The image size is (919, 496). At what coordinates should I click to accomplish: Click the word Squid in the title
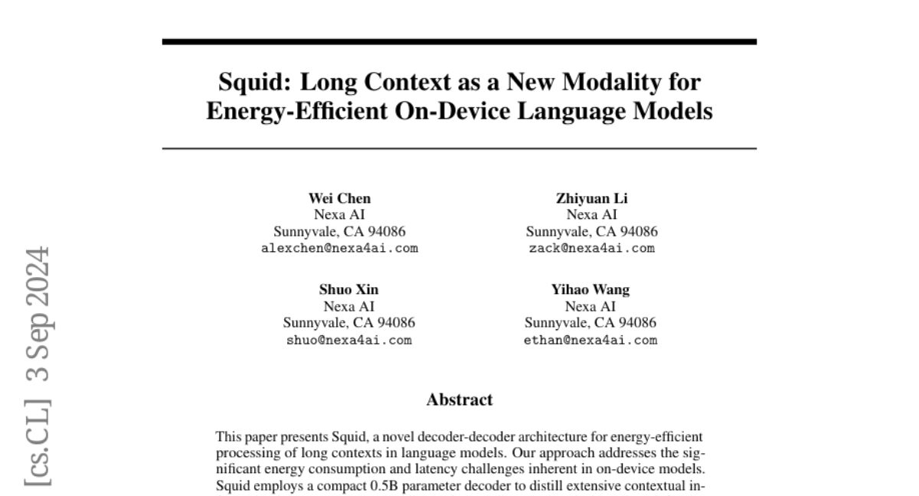244,82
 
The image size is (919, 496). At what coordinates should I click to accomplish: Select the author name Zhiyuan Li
591,198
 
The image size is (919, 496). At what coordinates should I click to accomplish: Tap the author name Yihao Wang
591,289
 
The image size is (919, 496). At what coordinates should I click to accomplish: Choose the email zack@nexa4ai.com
591,248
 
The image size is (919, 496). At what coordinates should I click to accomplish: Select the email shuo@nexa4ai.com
348,340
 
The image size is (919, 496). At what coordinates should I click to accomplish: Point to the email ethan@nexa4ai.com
591,340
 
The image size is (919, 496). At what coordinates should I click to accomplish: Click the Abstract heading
459,400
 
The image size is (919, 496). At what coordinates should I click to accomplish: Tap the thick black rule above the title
459,41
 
